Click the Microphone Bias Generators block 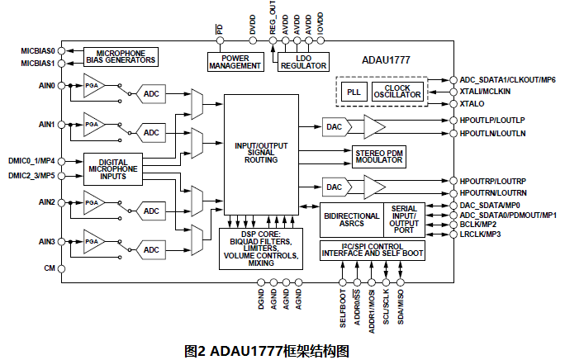click(x=121, y=56)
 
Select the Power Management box click(x=234, y=61)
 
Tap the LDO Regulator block click(x=303, y=61)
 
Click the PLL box click(x=354, y=91)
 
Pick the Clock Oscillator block click(x=396, y=91)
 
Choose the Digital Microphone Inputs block click(x=112, y=169)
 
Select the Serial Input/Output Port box click(x=404, y=220)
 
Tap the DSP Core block click(x=261, y=248)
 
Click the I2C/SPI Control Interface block click(x=382, y=249)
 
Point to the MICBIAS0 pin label click(x=37, y=50)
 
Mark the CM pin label click(x=49, y=268)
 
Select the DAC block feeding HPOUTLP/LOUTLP click(x=335, y=126)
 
